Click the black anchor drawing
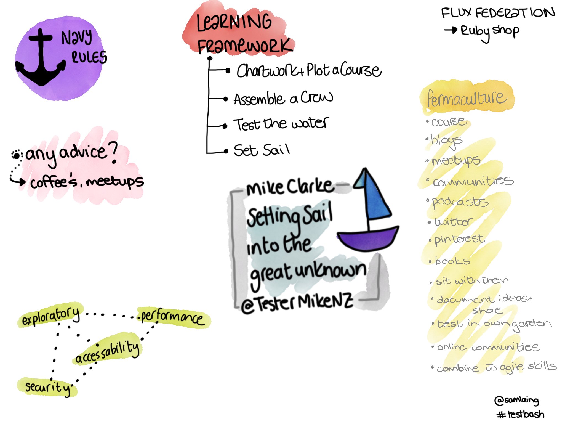point(41,59)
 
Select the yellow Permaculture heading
point(467,98)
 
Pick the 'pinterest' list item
point(459,240)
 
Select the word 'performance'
point(172,317)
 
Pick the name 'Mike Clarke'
point(290,187)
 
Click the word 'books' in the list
point(452,261)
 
